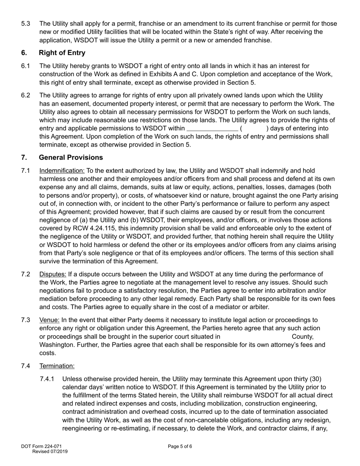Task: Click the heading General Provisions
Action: click(71, 158)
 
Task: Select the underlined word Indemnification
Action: click(62, 171)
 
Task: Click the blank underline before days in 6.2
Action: click(213, 128)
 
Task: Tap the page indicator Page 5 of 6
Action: click(180, 446)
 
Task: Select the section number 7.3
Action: click(26, 320)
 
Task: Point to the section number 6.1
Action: click(26, 66)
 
